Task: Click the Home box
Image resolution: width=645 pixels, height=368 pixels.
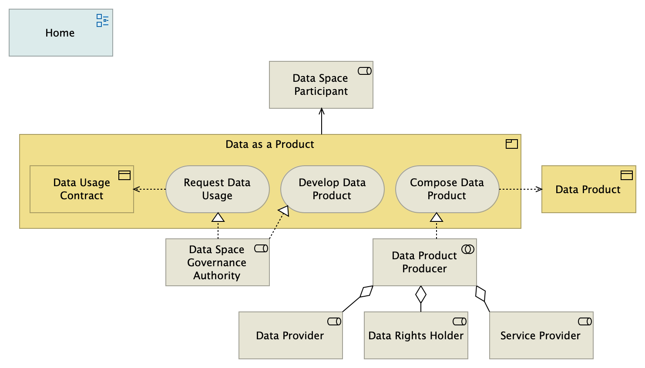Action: click(60, 33)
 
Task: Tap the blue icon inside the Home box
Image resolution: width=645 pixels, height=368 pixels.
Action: click(102, 20)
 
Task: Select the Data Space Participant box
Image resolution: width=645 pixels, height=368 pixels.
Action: click(321, 85)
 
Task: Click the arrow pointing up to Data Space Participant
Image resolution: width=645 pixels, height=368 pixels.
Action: click(322, 121)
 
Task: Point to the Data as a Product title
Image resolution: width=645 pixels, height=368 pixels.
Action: click(269, 144)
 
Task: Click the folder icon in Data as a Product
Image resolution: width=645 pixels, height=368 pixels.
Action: click(511, 144)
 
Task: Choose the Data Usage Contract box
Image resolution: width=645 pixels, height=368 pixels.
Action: click(81, 189)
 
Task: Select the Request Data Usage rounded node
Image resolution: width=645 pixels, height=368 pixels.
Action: click(217, 189)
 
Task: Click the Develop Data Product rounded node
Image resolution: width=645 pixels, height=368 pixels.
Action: click(332, 189)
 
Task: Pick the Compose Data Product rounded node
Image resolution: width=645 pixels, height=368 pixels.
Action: click(447, 189)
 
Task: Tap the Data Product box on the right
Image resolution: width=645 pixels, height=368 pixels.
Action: click(588, 189)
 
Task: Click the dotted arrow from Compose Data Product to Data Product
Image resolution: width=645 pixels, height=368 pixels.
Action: click(520, 189)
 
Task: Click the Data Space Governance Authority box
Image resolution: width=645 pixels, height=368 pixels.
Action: click(217, 262)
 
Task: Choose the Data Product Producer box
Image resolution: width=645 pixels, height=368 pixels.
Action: click(424, 262)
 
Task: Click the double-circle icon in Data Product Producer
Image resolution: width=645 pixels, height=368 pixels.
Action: click(468, 249)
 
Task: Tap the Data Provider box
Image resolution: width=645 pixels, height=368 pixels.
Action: click(290, 335)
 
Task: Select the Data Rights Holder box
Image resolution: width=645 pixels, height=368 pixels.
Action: click(416, 335)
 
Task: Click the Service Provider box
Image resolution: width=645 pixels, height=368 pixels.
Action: click(541, 335)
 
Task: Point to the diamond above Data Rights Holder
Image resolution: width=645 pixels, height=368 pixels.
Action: click(420, 294)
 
